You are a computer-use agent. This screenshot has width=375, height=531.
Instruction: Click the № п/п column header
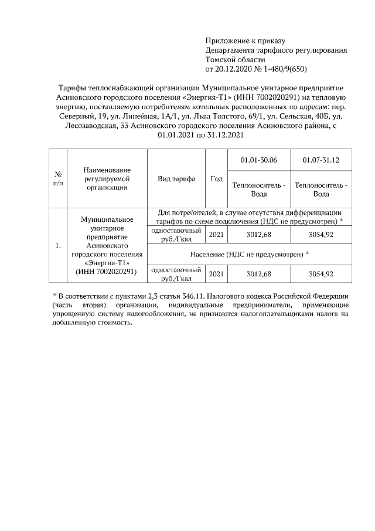58,179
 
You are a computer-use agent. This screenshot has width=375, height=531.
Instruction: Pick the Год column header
216,179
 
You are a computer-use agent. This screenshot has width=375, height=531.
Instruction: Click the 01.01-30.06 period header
259,160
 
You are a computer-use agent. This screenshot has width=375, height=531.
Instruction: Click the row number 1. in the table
58,246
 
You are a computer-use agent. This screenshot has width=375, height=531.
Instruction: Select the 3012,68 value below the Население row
259,274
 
